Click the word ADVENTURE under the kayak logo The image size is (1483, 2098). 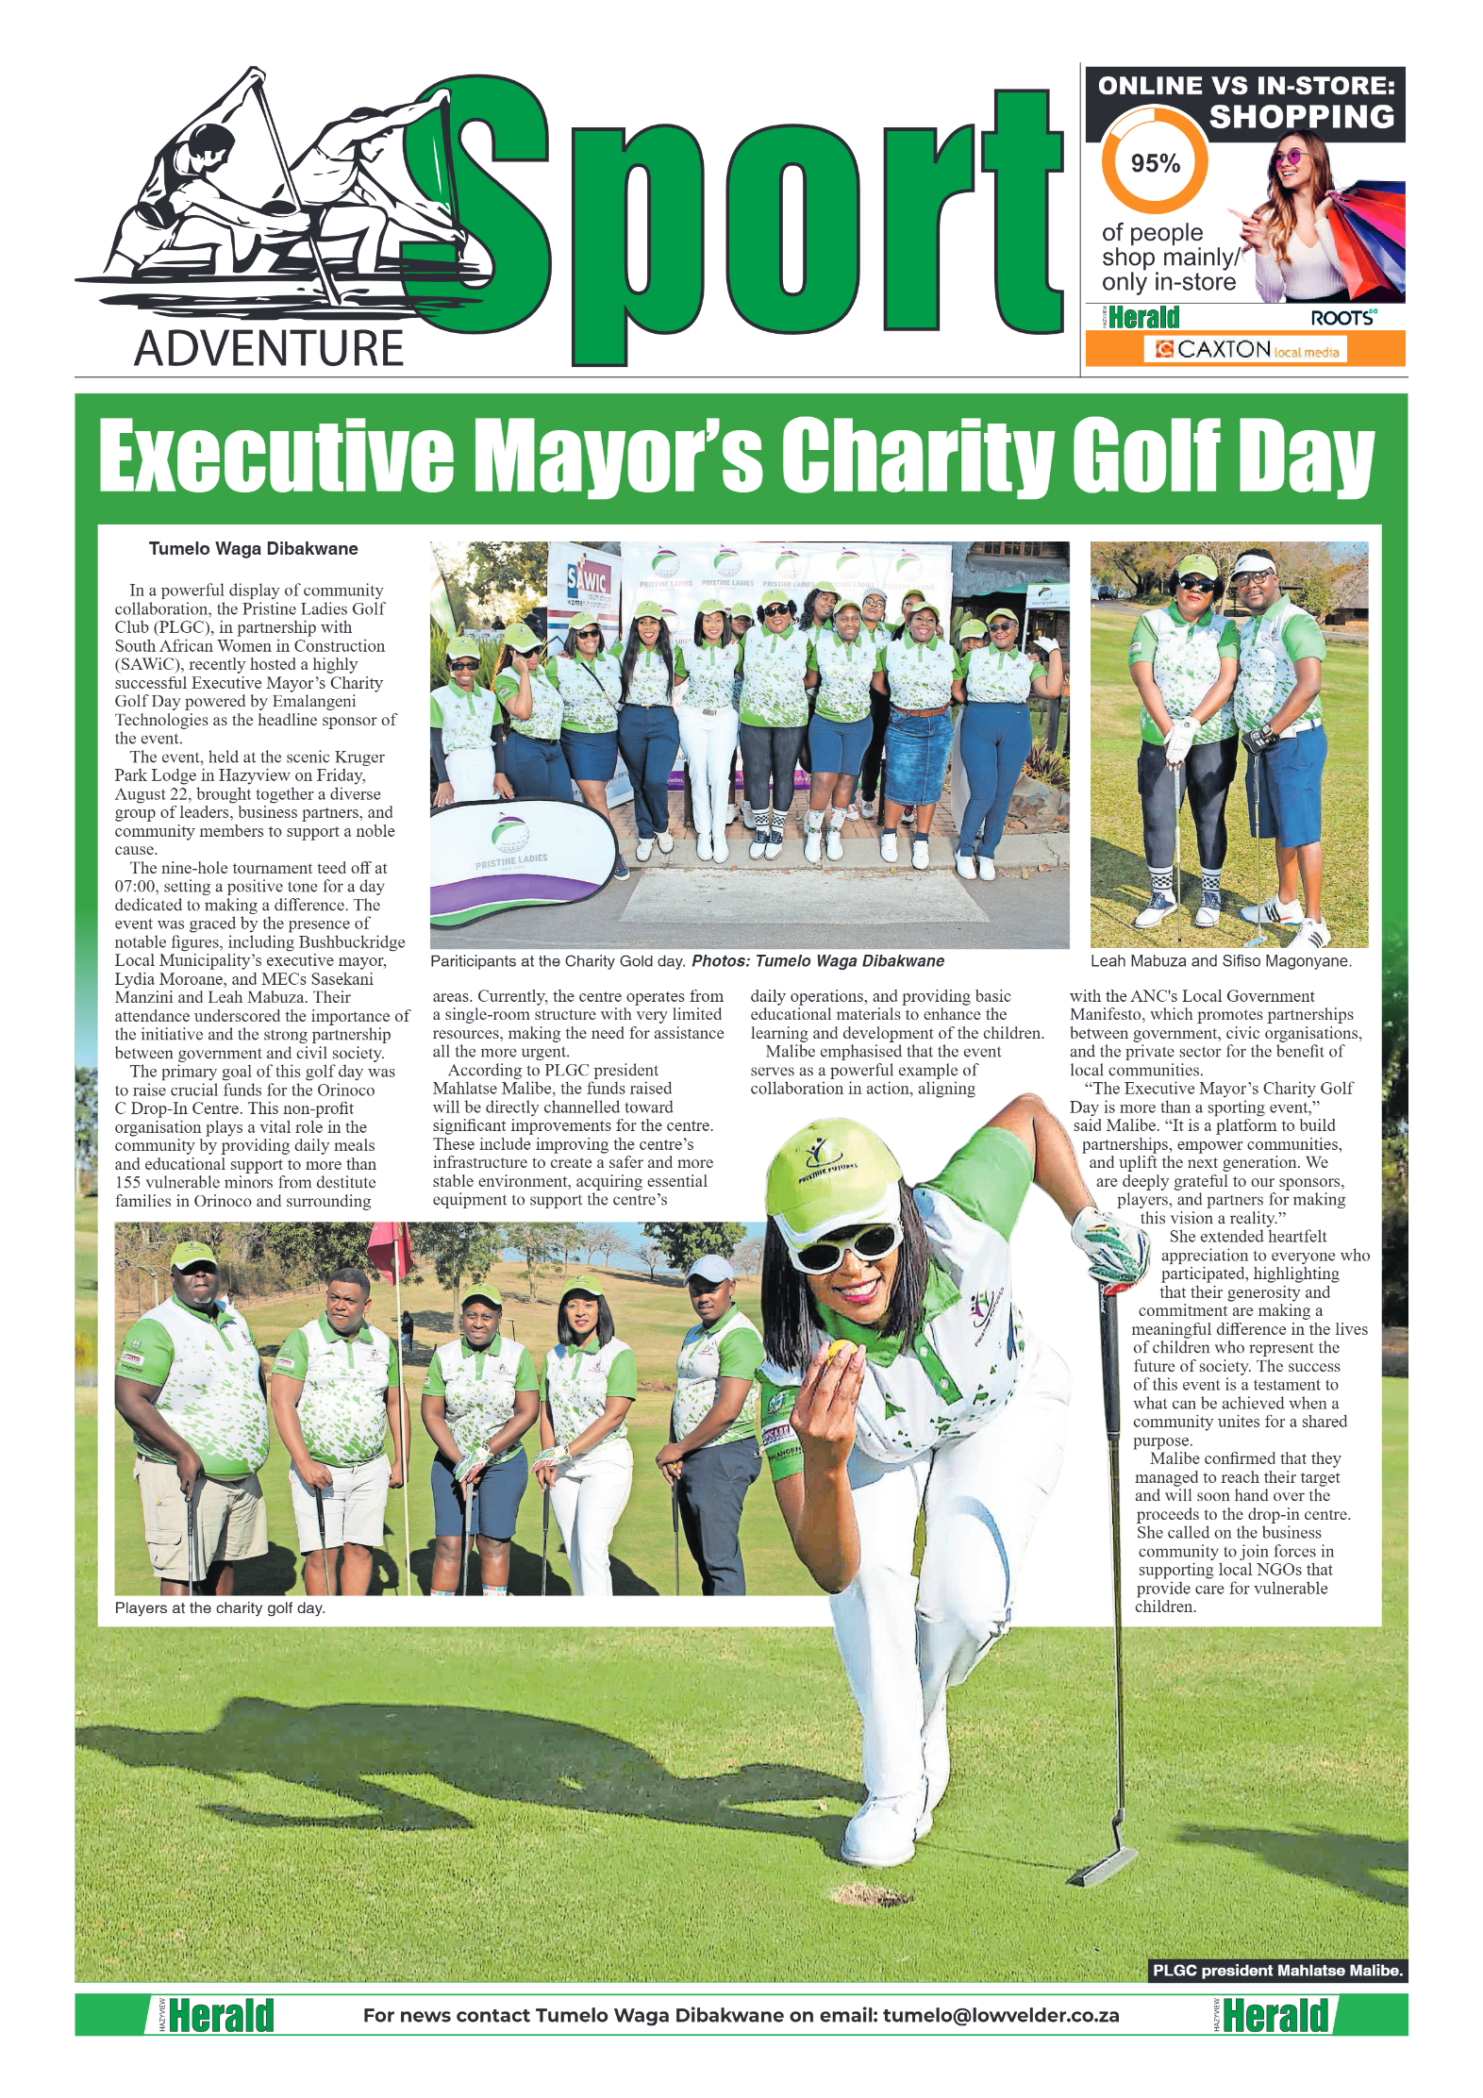pos(269,348)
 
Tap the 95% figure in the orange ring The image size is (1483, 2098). pos(1155,163)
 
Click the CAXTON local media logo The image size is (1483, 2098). pos(1245,349)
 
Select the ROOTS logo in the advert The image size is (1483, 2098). pos(1342,318)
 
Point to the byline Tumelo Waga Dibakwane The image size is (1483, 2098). pos(253,548)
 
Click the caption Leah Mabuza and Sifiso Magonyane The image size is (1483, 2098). pos(1221,960)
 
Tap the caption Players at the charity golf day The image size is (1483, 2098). pos(220,1607)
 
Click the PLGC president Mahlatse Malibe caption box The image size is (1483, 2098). pos(1277,1970)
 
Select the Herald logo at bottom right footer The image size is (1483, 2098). pos(1275,2015)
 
